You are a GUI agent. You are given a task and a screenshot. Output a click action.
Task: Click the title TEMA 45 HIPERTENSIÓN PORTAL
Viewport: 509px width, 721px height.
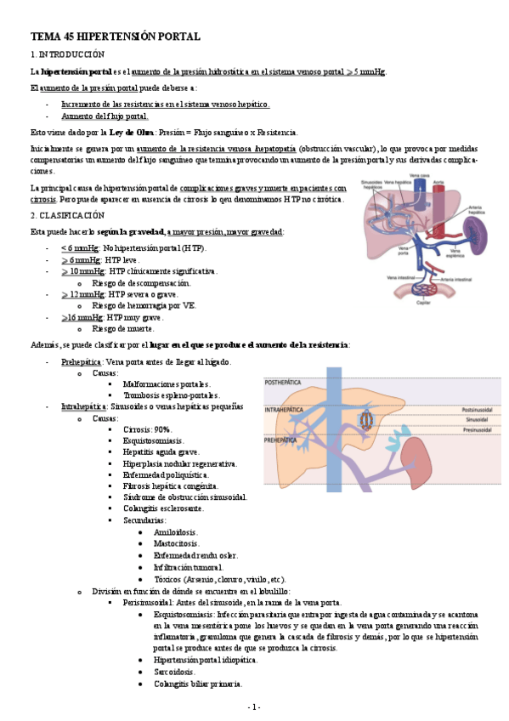tap(116, 37)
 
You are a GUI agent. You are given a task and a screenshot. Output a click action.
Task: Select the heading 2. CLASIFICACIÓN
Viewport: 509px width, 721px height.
tap(66, 216)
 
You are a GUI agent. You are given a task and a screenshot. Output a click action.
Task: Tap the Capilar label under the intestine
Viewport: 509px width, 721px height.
tap(422, 302)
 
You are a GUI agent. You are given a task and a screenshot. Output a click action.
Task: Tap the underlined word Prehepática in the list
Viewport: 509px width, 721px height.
tap(81, 362)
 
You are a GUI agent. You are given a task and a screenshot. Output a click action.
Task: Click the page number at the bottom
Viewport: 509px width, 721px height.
tap(254, 707)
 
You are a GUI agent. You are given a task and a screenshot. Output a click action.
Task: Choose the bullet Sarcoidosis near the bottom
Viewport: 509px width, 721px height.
tap(174, 671)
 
